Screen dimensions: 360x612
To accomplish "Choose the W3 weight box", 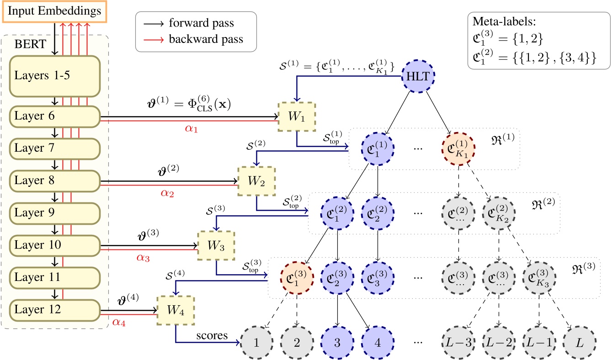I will pyautogui.click(x=216, y=245).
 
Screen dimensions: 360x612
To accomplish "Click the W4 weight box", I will pyautogui.click(x=176, y=310).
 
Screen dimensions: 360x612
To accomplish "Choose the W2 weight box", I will pyautogui.click(x=256, y=180).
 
